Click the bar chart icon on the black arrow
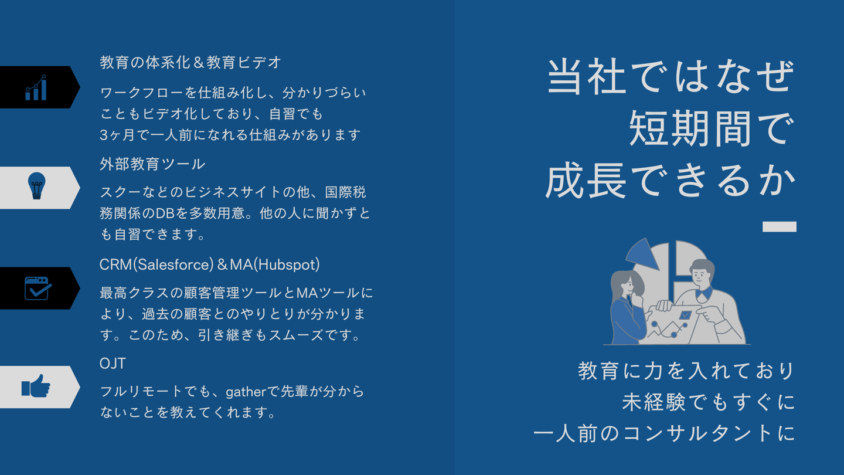pos(36,87)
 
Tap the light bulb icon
pos(36,186)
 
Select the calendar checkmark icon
pos(38,289)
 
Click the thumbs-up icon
pos(36,386)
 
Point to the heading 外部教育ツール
pos(152,164)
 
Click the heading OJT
pos(113,364)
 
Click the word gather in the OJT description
pos(246,392)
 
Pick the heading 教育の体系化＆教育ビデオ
pos(190,63)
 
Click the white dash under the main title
pos(779,226)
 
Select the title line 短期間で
pos(712,129)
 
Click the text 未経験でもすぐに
pos(709,402)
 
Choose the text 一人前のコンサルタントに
pos(664,433)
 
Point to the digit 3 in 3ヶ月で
pos(104,135)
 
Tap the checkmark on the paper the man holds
pos(685,315)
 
